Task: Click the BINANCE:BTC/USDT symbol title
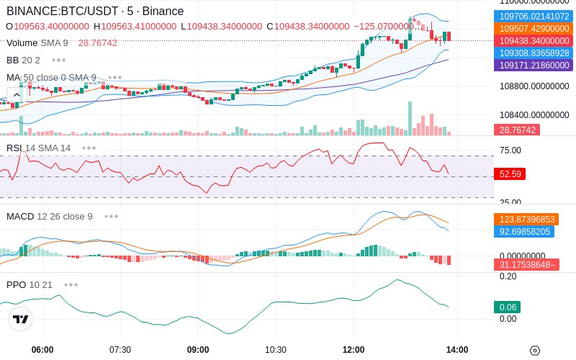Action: click(63, 11)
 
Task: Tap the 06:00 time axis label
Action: click(42, 350)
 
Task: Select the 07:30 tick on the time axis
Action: click(120, 350)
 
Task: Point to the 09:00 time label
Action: click(198, 350)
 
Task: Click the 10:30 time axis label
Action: click(276, 350)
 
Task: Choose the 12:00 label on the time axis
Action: click(354, 350)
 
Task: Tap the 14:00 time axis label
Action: click(457, 350)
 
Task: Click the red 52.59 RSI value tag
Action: click(510, 174)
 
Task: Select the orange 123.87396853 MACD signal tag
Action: click(526, 220)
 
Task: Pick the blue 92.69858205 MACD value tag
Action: click(524, 231)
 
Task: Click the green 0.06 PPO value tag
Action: click(508, 307)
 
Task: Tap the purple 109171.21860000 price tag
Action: click(534, 65)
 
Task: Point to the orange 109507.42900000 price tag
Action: click(534, 28)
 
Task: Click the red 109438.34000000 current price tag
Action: click(534, 40)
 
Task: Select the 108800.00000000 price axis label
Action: click(534, 86)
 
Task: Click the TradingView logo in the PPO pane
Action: click(21, 319)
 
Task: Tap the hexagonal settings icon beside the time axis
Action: click(535, 351)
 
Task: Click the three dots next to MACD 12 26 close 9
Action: click(111, 217)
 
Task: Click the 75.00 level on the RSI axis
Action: click(510, 150)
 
